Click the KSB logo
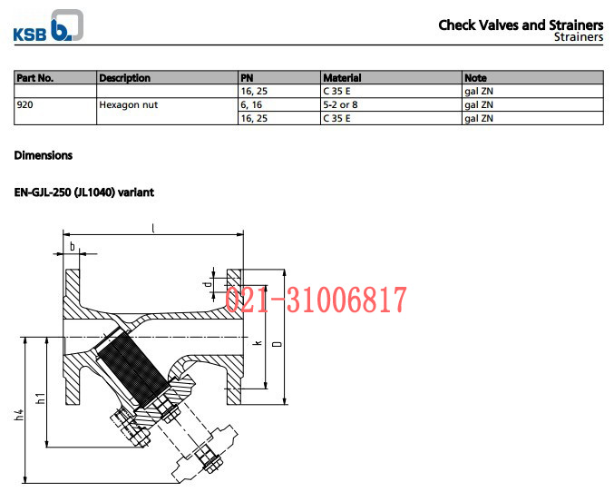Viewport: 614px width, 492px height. [48, 26]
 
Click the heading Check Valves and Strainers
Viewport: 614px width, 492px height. [521, 25]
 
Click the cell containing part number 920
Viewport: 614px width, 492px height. [55, 112]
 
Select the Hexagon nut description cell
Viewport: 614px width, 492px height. [167, 112]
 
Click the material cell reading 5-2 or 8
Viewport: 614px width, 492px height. [391, 104]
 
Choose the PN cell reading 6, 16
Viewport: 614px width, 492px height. [279, 104]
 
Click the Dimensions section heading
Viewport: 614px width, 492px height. [43, 155]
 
